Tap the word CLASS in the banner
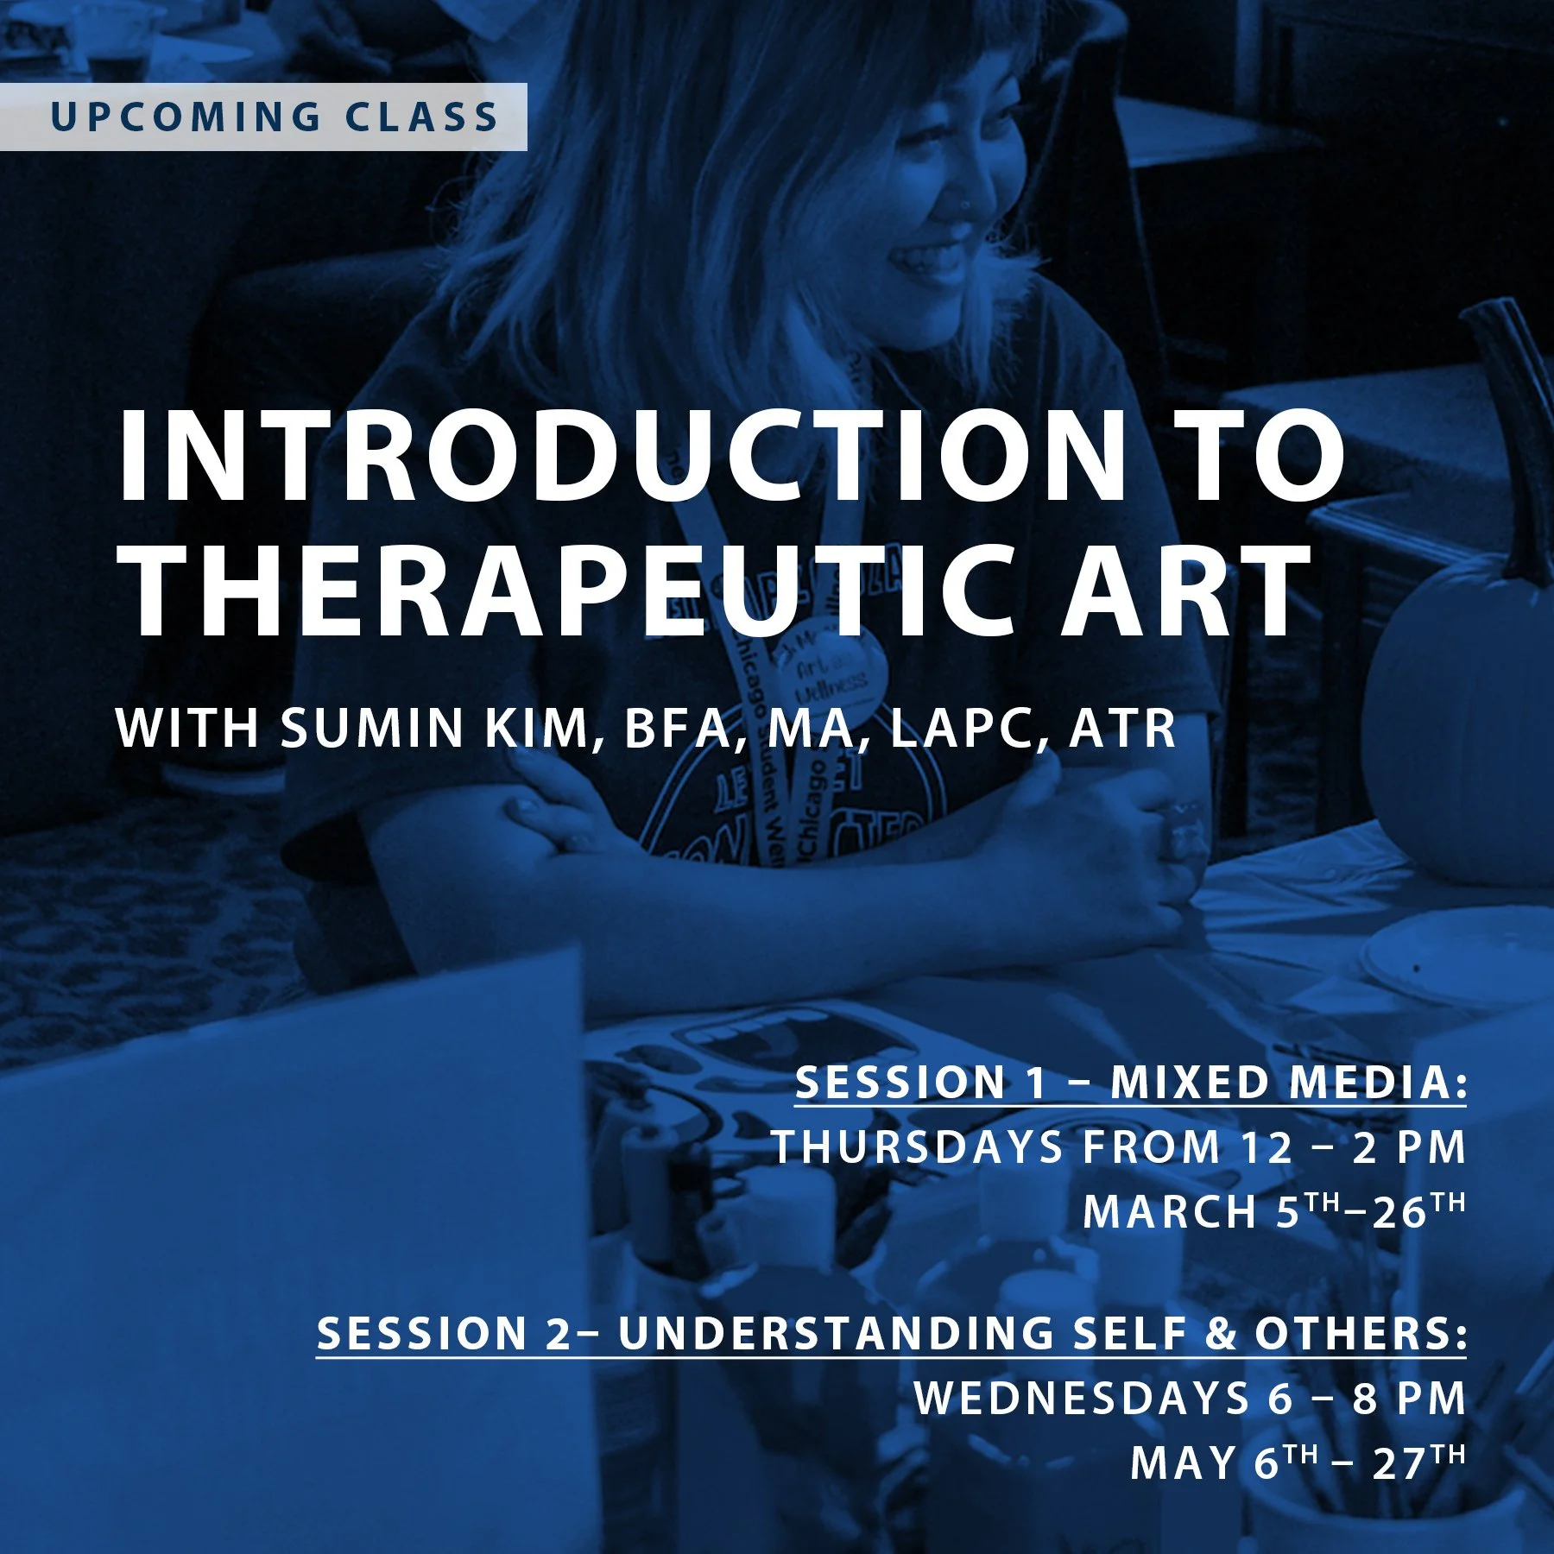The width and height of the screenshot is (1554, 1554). click(422, 117)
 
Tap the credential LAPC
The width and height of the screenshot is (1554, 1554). click(970, 728)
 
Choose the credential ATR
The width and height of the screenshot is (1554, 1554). click(1122, 728)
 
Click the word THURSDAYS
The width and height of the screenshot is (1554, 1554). click(918, 1147)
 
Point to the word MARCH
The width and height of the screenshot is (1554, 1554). click(1170, 1211)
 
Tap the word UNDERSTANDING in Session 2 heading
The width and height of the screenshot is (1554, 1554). click(836, 1333)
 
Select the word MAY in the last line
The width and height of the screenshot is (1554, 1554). click(1183, 1462)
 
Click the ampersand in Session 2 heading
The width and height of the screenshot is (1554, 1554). click(1221, 1333)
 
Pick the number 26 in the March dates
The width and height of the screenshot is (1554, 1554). click(1399, 1211)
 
